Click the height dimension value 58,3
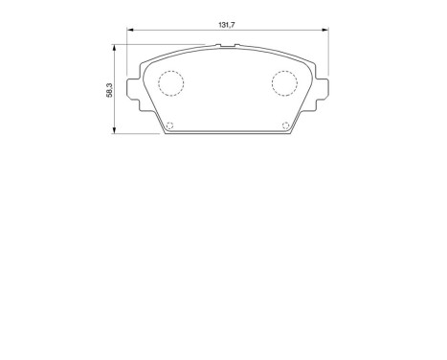click(x=109, y=88)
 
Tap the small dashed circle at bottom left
click(x=170, y=125)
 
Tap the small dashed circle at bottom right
click(x=284, y=125)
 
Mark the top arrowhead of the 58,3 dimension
click(x=116, y=45)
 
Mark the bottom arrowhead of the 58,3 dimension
click(x=116, y=131)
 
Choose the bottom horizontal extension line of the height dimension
click(x=139, y=134)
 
